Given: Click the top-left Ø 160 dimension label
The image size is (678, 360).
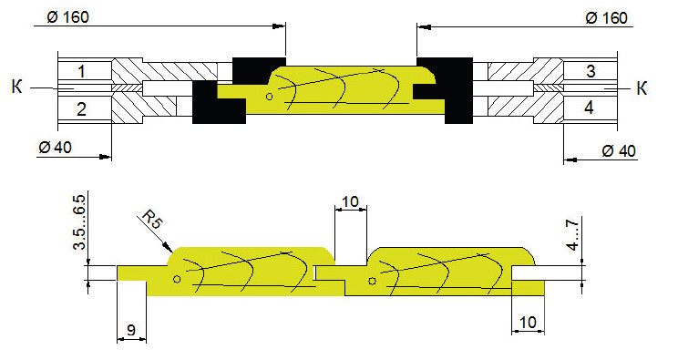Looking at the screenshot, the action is [67, 17].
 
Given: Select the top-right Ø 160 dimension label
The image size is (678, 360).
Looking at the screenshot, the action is [606, 18].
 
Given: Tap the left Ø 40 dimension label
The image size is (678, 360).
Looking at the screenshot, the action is [55, 148].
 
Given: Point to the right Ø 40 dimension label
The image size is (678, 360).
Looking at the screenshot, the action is [619, 151].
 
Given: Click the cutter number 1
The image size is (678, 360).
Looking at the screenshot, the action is [82, 71].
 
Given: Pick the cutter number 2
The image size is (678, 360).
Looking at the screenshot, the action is [82, 109].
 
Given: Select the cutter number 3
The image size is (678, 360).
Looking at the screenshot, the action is [591, 71].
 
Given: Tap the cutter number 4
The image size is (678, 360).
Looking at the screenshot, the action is [589, 108].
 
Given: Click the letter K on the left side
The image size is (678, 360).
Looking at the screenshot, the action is [17, 87].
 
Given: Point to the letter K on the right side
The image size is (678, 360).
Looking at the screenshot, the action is [642, 88].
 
